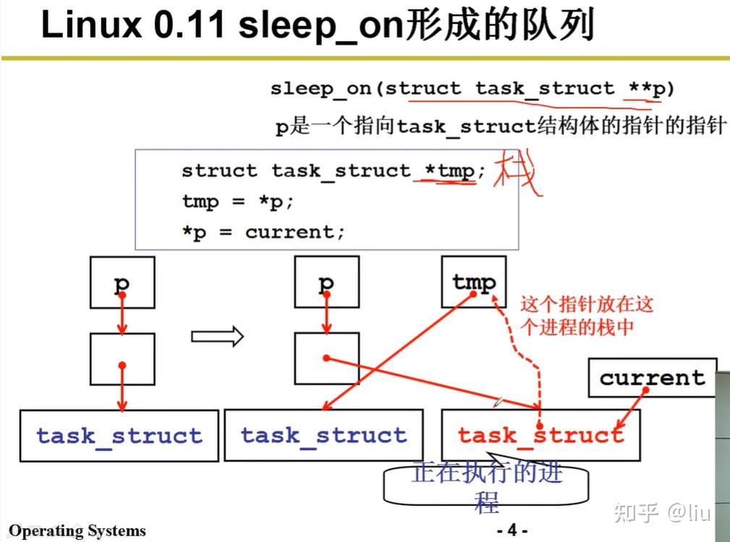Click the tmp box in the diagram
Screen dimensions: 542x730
[474, 282]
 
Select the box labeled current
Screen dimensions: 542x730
[652, 377]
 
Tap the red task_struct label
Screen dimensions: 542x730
[540, 435]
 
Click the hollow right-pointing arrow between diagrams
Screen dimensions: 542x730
[217, 336]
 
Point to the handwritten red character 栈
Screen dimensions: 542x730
[518, 174]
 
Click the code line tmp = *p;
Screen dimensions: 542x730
[238, 202]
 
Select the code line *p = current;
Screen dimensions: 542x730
[263, 233]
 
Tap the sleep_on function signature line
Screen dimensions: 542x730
[472, 89]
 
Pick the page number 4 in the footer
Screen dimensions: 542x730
[512, 530]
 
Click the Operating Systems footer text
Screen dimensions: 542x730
[77, 531]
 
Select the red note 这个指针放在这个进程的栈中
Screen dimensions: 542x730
[586, 315]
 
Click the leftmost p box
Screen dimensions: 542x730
[122, 282]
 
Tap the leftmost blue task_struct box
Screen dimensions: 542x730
[119, 436]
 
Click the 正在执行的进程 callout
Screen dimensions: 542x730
[486, 485]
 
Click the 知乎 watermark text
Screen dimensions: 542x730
[636, 513]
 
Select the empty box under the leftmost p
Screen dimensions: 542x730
[122, 359]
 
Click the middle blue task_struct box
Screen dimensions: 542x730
[323, 435]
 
